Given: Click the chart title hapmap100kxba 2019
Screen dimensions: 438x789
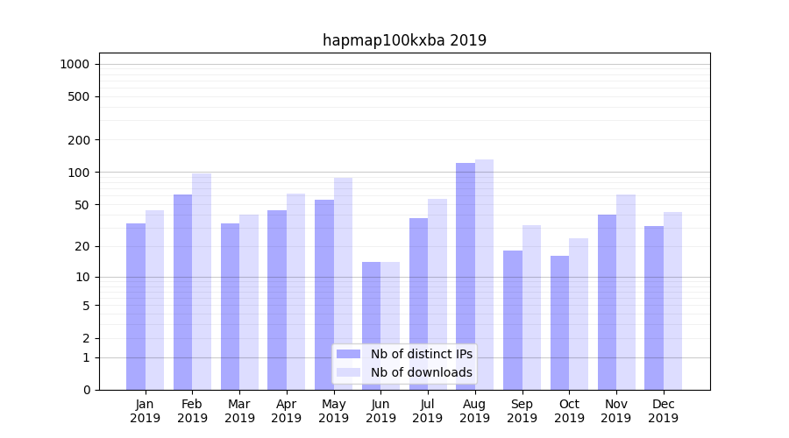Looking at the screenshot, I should (404, 40).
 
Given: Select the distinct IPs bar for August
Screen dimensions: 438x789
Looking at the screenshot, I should (466, 276).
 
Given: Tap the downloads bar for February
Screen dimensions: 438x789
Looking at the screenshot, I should (202, 280).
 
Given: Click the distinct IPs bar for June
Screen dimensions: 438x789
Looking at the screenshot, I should (372, 325).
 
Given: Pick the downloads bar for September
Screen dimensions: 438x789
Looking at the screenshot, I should (531, 307).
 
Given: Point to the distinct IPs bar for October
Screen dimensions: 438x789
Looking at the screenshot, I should (559, 322).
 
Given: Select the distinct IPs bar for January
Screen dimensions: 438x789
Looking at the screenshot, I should (136, 306).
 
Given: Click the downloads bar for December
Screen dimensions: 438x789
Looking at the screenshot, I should (672, 300).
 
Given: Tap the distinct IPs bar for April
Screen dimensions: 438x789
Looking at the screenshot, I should (277, 300).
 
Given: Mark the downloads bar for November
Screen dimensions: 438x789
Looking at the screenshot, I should (626, 292).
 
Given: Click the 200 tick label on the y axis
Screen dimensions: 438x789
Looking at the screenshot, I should (79, 140).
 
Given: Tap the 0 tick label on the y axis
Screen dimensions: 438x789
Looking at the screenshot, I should (86, 390).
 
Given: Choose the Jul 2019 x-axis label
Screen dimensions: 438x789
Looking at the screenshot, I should (428, 411).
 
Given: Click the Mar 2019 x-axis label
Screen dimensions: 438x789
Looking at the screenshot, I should (239, 411).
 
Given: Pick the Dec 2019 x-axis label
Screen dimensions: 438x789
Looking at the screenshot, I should (663, 411).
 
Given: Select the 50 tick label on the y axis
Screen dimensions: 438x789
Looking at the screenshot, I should (82, 205).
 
